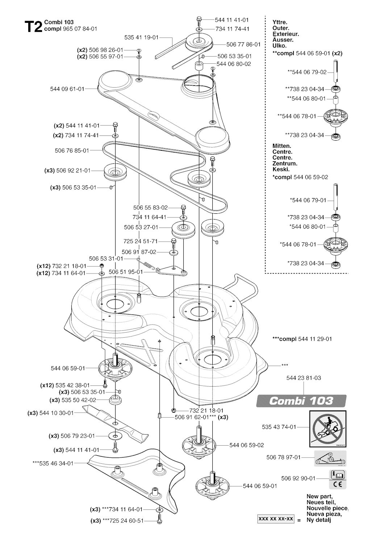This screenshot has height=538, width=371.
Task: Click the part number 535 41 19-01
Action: tap(141, 37)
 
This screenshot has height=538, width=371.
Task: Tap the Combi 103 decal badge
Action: tap(301, 401)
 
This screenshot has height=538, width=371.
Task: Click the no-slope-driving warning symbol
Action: tap(328, 429)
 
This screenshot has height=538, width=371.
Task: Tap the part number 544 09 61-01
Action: tap(67, 89)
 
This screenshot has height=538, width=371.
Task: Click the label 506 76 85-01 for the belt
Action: tap(72, 151)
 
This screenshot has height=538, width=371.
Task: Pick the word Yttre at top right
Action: tap(280, 22)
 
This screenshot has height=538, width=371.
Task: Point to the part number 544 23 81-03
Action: tap(304, 378)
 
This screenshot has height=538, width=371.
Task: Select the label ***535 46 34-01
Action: tap(53, 463)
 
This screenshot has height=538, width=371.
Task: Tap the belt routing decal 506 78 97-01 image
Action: tap(330, 458)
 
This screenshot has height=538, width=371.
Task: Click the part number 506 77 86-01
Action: tap(243, 45)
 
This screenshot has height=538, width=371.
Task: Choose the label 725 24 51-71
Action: tap(141, 241)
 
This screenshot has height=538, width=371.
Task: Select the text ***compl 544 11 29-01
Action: tap(302, 339)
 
